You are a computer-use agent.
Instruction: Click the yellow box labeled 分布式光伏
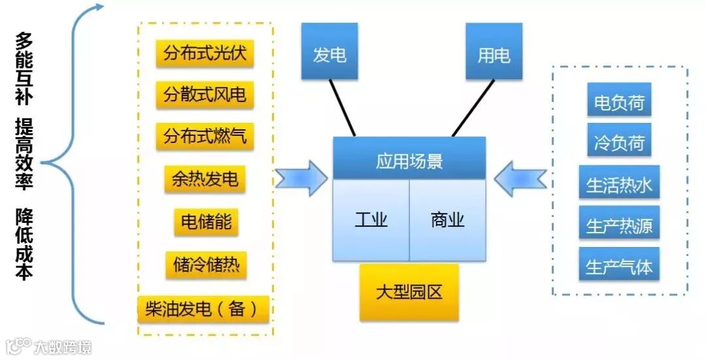pos(205,53)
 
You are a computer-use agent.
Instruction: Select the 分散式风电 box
pos(205,95)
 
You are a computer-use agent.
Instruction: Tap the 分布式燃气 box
pos(205,136)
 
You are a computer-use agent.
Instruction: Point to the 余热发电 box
pos(205,178)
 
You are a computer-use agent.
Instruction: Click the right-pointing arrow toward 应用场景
pos(301,178)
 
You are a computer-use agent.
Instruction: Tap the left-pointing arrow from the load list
pos(520,178)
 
